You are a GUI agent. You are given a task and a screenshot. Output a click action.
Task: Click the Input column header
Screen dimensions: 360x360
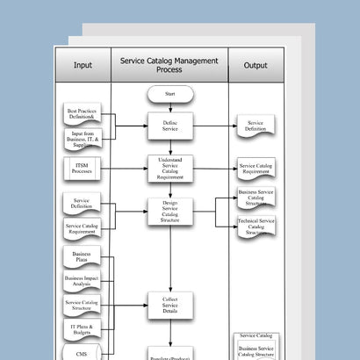83,65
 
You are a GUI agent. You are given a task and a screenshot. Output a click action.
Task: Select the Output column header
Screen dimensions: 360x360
256,65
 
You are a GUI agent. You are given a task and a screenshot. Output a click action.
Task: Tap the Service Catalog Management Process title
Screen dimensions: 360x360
169,65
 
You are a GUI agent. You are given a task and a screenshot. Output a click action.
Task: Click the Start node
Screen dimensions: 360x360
169,93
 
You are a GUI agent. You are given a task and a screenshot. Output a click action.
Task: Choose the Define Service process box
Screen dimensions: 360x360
169,126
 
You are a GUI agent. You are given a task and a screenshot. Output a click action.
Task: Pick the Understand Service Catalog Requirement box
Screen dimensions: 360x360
169,166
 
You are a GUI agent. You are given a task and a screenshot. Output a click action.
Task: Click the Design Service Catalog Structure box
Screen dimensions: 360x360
169,212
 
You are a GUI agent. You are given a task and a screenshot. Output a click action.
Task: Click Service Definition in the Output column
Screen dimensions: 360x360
256,126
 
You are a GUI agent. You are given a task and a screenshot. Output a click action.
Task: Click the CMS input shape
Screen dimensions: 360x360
83,353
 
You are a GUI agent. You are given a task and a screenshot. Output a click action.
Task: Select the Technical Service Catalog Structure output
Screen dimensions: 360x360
256,225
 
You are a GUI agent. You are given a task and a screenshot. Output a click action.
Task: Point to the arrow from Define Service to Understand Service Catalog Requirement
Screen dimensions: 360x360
169,146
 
